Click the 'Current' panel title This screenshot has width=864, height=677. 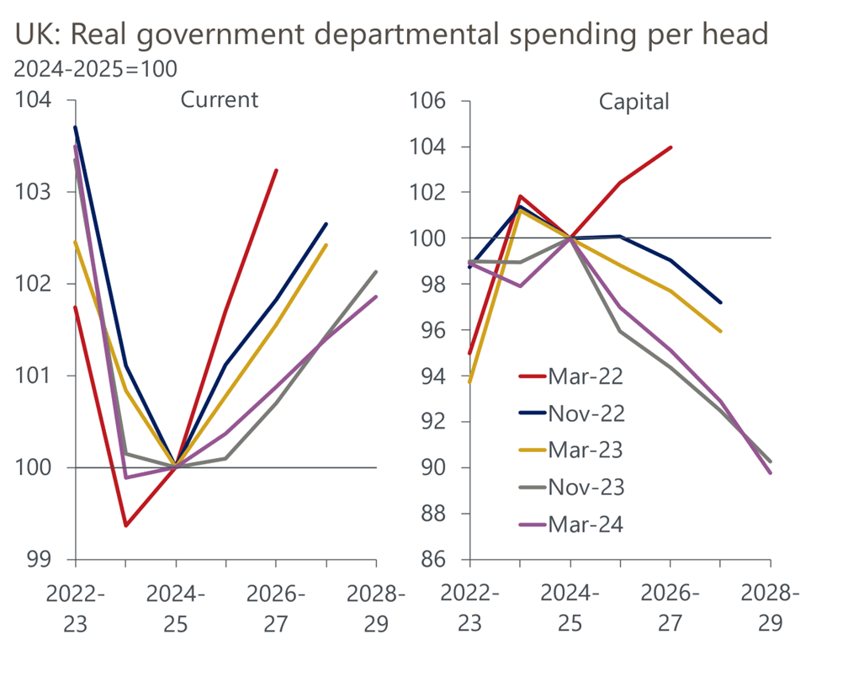220,99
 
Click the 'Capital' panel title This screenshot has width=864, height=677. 633,102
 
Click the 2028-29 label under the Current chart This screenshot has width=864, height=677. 376,608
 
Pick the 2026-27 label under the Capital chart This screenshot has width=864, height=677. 671,608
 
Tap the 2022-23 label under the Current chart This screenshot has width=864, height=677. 76,608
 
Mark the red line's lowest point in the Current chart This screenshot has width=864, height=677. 125,525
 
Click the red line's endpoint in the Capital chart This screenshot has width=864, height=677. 671,147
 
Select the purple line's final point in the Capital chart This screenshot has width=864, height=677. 771,472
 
